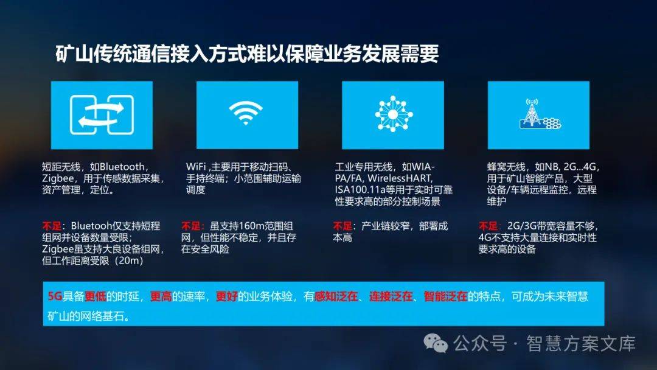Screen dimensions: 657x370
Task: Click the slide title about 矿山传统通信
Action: pos(247,54)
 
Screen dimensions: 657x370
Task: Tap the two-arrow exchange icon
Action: pos(102,115)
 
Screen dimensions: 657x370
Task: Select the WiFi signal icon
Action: pos(246,113)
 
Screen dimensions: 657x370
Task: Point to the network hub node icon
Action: pos(394,114)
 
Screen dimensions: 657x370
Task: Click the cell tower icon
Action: pos(540,114)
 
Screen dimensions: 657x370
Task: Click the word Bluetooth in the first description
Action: pos(122,167)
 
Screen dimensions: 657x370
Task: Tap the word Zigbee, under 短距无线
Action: pos(58,178)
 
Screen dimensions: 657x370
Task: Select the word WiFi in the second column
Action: pos(196,167)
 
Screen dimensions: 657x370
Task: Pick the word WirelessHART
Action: pos(399,178)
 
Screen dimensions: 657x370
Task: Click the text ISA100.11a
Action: pos(360,190)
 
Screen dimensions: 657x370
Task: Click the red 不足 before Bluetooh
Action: pos(52,226)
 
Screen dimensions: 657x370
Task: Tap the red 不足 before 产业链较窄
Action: pos(342,226)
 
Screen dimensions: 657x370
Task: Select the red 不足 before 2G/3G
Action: pos(488,226)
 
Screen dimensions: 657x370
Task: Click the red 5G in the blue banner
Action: pos(55,296)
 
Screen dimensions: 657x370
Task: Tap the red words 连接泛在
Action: pos(391,296)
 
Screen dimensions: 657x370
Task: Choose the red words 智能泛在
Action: pos(445,296)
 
